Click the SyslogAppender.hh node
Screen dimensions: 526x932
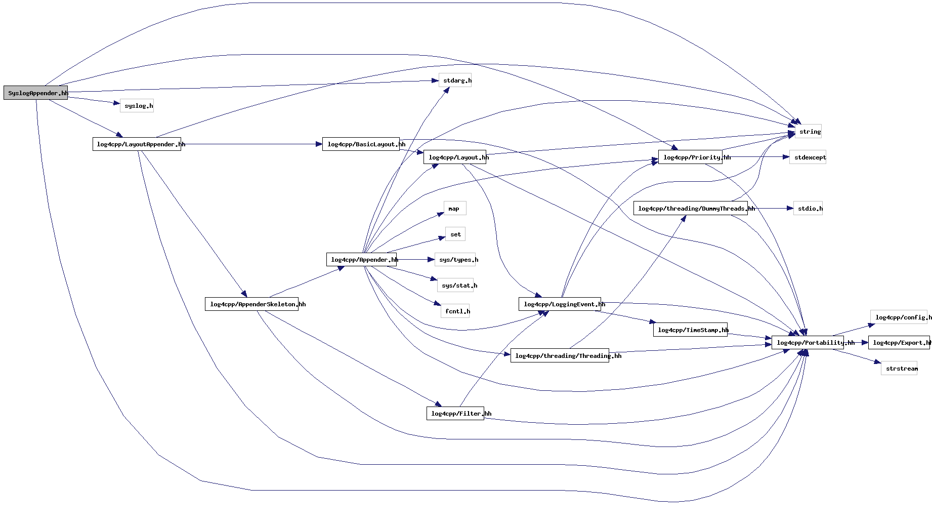(x=35, y=93)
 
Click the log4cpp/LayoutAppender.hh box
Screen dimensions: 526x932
(x=137, y=144)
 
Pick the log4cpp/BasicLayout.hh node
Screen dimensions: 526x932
(x=361, y=144)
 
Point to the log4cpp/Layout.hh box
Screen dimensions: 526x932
(x=454, y=157)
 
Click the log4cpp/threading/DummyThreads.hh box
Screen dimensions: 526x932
(x=690, y=209)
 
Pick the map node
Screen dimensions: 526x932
(x=455, y=209)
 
